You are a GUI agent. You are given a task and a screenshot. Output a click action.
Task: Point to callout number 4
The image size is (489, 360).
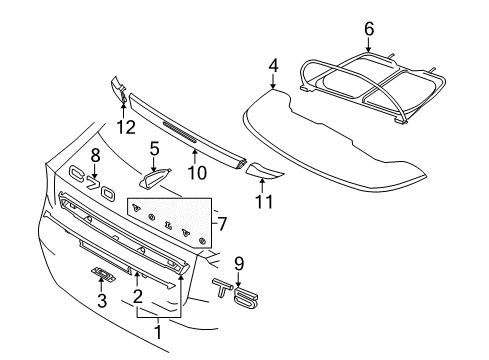pyautogui.click(x=273, y=68)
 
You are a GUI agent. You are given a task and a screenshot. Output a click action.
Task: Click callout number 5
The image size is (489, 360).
pyautogui.click(x=154, y=149)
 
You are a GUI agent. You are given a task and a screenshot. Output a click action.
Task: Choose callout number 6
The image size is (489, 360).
pyautogui.click(x=369, y=29)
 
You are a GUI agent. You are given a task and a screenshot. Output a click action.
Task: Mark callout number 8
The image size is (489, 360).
pyautogui.click(x=96, y=155)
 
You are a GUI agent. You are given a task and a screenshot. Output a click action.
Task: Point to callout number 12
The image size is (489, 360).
pyautogui.click(x=124, y=126)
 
